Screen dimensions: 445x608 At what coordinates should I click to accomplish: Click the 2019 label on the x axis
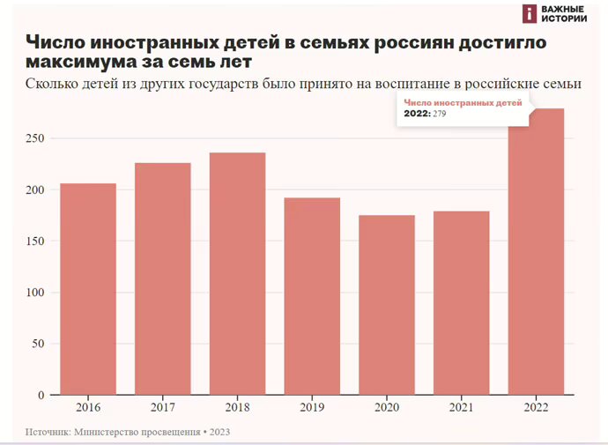pos(312,408)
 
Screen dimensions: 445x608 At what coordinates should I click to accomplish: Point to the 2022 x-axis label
pos(536,408)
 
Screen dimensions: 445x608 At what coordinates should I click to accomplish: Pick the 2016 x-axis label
pos(88,408)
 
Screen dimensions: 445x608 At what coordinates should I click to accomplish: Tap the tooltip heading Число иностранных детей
pos(463,103)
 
